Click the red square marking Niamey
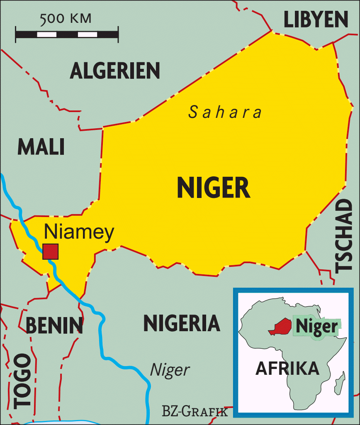(51, 251)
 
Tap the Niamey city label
(79, 233)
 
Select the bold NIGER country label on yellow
(214, 188)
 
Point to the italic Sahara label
(225, 112)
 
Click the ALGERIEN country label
(115, 71)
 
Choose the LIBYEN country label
(315, 19)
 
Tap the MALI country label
(41, 147)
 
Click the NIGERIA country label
(182, 323)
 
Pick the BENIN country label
(54, 325)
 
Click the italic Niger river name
(170, 370)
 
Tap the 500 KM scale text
(66, 19)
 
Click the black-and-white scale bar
(67, 34)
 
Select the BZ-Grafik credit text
(195, 412)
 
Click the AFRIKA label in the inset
(287, 368)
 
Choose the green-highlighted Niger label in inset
(317, 327)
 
